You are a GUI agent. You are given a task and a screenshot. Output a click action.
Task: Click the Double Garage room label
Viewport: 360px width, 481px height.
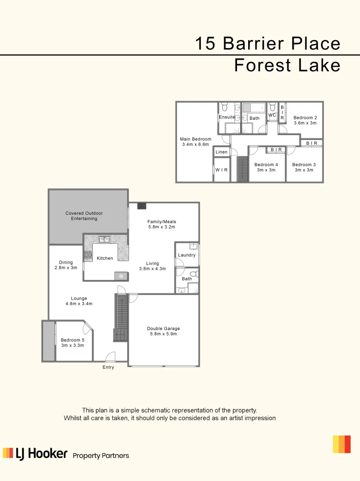[x=164, y=331]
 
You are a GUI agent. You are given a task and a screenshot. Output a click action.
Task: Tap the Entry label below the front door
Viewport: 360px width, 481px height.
[x=108, y=367]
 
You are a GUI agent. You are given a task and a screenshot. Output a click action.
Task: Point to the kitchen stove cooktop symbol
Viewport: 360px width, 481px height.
[x=88, y=256]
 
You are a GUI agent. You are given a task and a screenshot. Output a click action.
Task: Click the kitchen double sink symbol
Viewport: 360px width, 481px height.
[x=105, y=240]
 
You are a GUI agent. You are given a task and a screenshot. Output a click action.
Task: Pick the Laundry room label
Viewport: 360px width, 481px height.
[x=187, y=255]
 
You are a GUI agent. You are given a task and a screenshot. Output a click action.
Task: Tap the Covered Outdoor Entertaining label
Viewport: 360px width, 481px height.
[x=84, y=216]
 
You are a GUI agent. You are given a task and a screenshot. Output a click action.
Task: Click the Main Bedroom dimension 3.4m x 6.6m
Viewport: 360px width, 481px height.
[x=196, y=145]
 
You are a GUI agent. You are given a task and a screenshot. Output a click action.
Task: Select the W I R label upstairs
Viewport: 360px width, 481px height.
[x=221, y=170]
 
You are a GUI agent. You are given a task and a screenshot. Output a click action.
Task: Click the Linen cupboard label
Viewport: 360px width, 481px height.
[x=221, y=152]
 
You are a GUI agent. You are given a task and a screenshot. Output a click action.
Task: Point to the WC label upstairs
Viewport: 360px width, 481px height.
[x=272, y=115]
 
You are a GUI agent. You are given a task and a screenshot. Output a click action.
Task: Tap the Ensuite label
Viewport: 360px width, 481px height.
[x=227, y=117]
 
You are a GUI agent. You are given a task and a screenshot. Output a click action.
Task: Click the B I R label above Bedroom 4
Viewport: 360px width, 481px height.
[x=276, y=150]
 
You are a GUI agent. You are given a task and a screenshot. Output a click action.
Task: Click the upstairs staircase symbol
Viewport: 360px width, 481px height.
[x=242, y=169]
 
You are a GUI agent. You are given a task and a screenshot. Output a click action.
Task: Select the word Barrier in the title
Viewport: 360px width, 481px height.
[x=253, y=44]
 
